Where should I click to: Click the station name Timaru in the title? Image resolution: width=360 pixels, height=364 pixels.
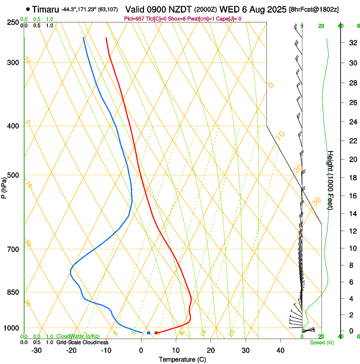click(x=46, y=9)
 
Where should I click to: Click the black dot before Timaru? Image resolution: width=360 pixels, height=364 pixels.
click(x=28, y=9)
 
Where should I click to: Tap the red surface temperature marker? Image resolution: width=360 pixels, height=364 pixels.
click(x=156, y=333)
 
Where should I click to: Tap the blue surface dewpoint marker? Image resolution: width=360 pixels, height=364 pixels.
click(x=148, y=333)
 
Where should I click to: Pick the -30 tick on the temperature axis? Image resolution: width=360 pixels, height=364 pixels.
click(x=36, y=350)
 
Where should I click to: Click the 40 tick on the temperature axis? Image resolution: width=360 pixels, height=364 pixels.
click(x=280, y=350)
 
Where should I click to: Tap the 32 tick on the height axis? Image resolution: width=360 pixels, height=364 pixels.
click(x=352, y=43)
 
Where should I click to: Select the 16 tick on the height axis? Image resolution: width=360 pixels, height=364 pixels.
click(x=352, y=196)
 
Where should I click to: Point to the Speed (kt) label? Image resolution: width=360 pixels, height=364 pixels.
click(x=321, y=342)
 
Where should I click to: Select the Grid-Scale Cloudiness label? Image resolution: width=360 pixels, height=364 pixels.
click(x=82, y=342)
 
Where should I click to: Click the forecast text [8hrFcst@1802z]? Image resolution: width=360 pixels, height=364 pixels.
click(x=314, y=9)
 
